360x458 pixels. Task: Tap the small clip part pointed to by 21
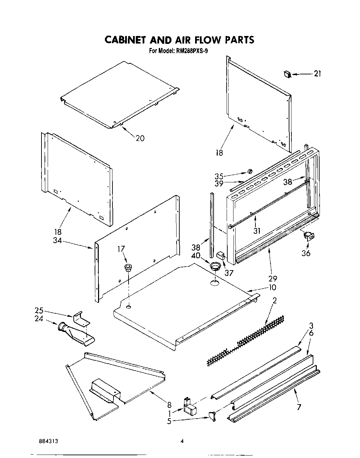pos(287,74)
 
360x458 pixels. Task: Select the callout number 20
pos(140,138)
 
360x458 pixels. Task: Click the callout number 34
pos(57,241)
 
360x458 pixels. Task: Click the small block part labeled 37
pos(220,255)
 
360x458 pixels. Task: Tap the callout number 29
pos(273,278)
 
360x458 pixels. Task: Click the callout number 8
pos(169,404)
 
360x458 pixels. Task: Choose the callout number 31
pos(256,231)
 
